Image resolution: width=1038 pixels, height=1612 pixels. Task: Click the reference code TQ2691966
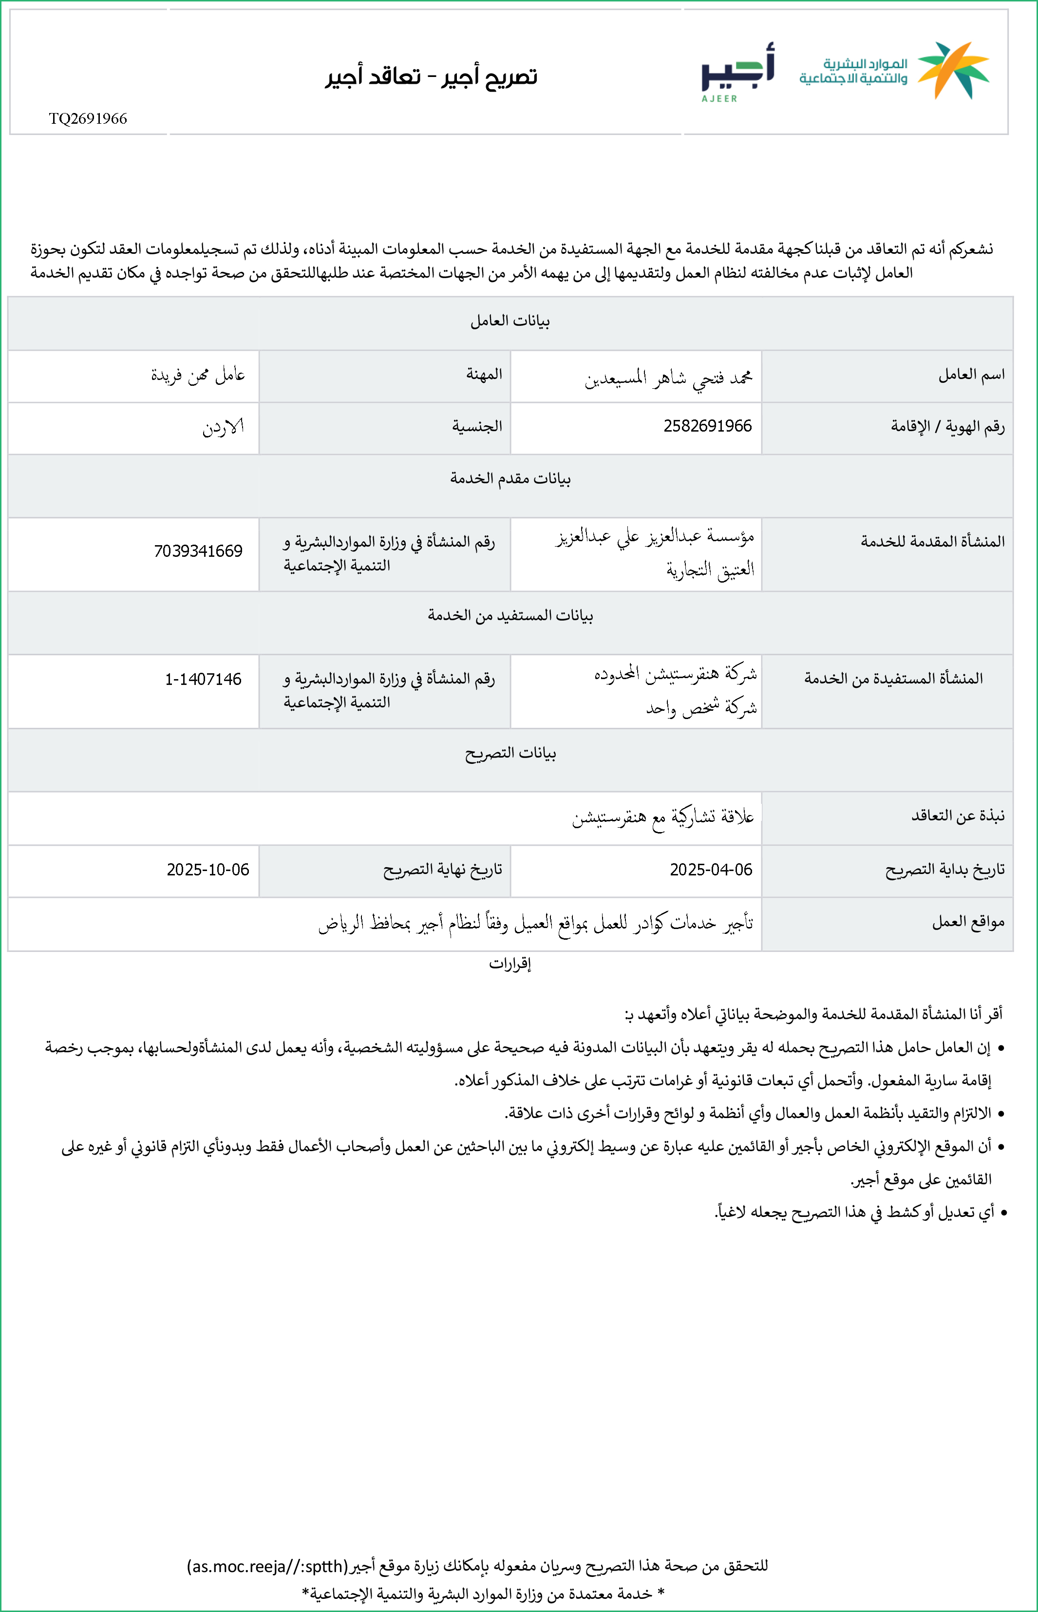point(88,118)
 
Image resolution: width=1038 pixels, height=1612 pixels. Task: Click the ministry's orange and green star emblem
point(953,69)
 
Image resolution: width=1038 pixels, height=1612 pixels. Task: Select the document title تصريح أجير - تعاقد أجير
point(432,76)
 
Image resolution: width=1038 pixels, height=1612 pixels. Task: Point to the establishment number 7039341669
point(198,551)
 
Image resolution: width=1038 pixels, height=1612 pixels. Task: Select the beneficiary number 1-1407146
point(203,679)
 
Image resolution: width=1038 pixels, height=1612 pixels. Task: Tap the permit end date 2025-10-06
point(208,870)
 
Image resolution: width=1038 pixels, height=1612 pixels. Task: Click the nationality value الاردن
point(223,427)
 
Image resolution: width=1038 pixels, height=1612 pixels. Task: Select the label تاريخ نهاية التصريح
point(442,870)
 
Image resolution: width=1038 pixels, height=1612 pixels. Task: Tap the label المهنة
point(484,375)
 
